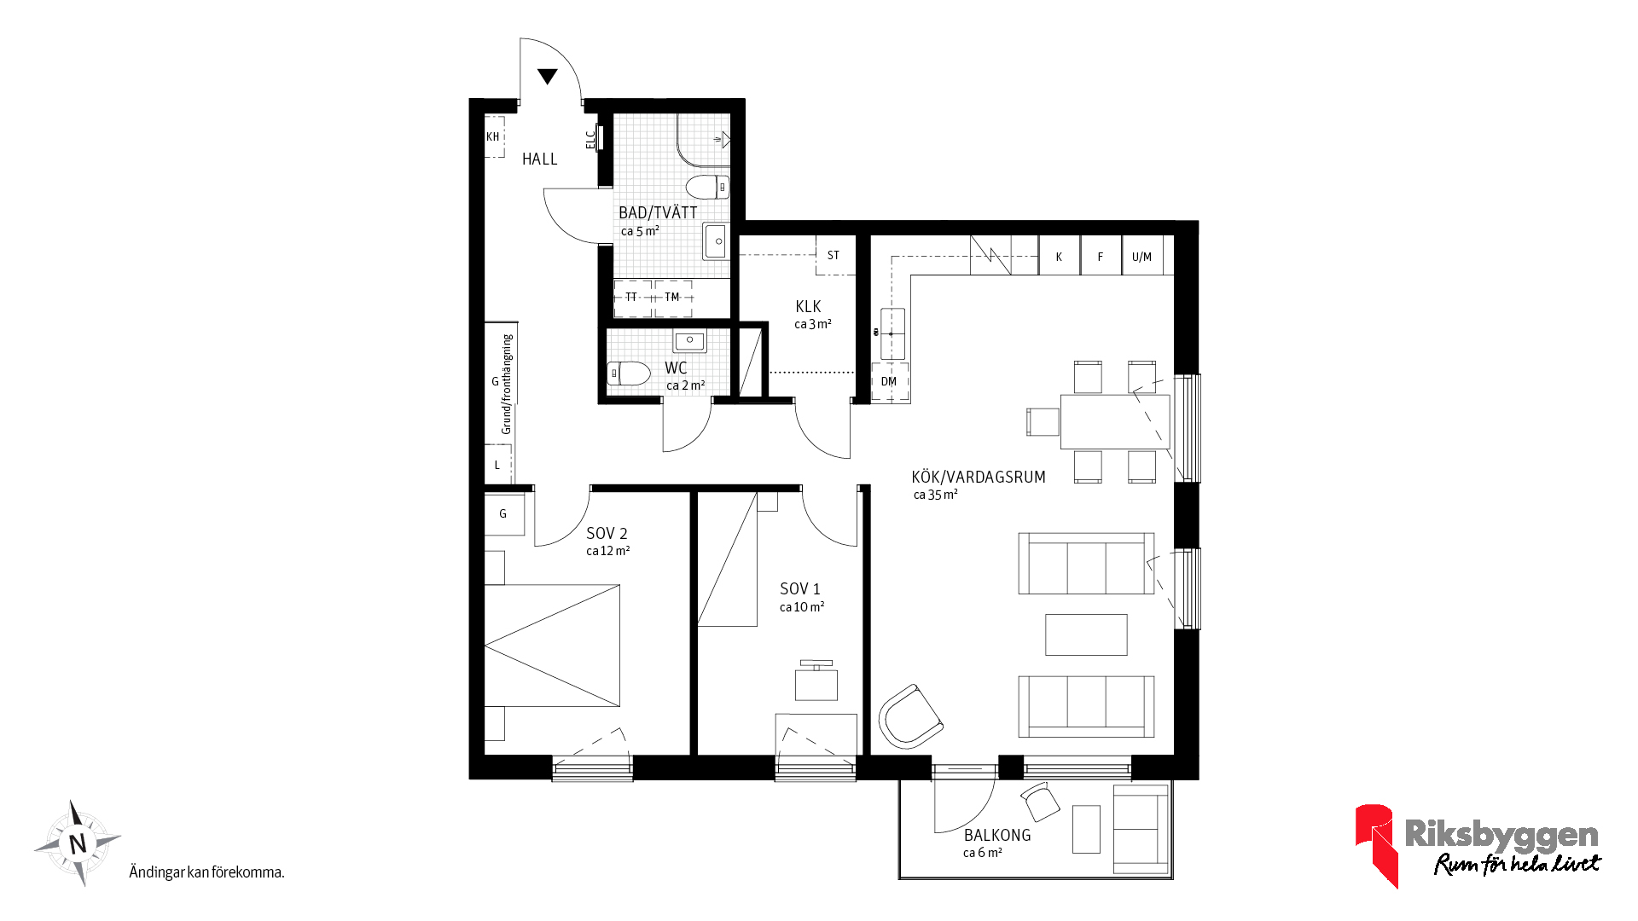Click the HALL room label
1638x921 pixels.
pyautogui.click(x=539, y=159)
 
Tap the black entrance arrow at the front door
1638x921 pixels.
pyautogui.click(x=548, y=76)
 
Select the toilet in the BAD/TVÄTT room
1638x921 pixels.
pyautogui.click(x=707, y=187)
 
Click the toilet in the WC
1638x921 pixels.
pyautogui.click(x=629, y=373)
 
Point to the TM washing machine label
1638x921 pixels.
pyautogui.click(x=672, y=297)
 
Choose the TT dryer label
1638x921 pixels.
pyautogui.click(x=631, y=297)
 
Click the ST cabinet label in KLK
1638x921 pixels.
pyautogui.click(x=834, y=255)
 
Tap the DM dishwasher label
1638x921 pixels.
pyautogui.click(x=889, y=381)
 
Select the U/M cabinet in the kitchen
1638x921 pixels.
pyautogui.click(x=1142, y=256)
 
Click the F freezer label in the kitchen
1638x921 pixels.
pyautogui.click(x=1101, y=257)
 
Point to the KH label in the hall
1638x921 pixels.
pyautogui.click(x=493, y=136)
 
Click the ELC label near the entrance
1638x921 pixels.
pyautogui.click(x=590, y=139)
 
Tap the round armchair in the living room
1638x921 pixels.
pyautogui.click(x=910, y=716)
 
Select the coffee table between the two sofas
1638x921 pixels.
pyautogui.click(x=1086, y=634)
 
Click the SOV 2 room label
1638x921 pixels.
pyautogui.click(x=607, y=534)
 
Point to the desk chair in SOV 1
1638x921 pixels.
pyautogui.click(x=816, y=681)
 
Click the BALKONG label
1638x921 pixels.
pyautogui.click(x=997, y=836)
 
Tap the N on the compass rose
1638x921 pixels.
pyautogui.click(x=78, y=843)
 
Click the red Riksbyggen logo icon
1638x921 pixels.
pyautogui.click(x=1375, y=844)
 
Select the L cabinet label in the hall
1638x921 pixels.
pyautogui.click(x=497, y=466)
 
